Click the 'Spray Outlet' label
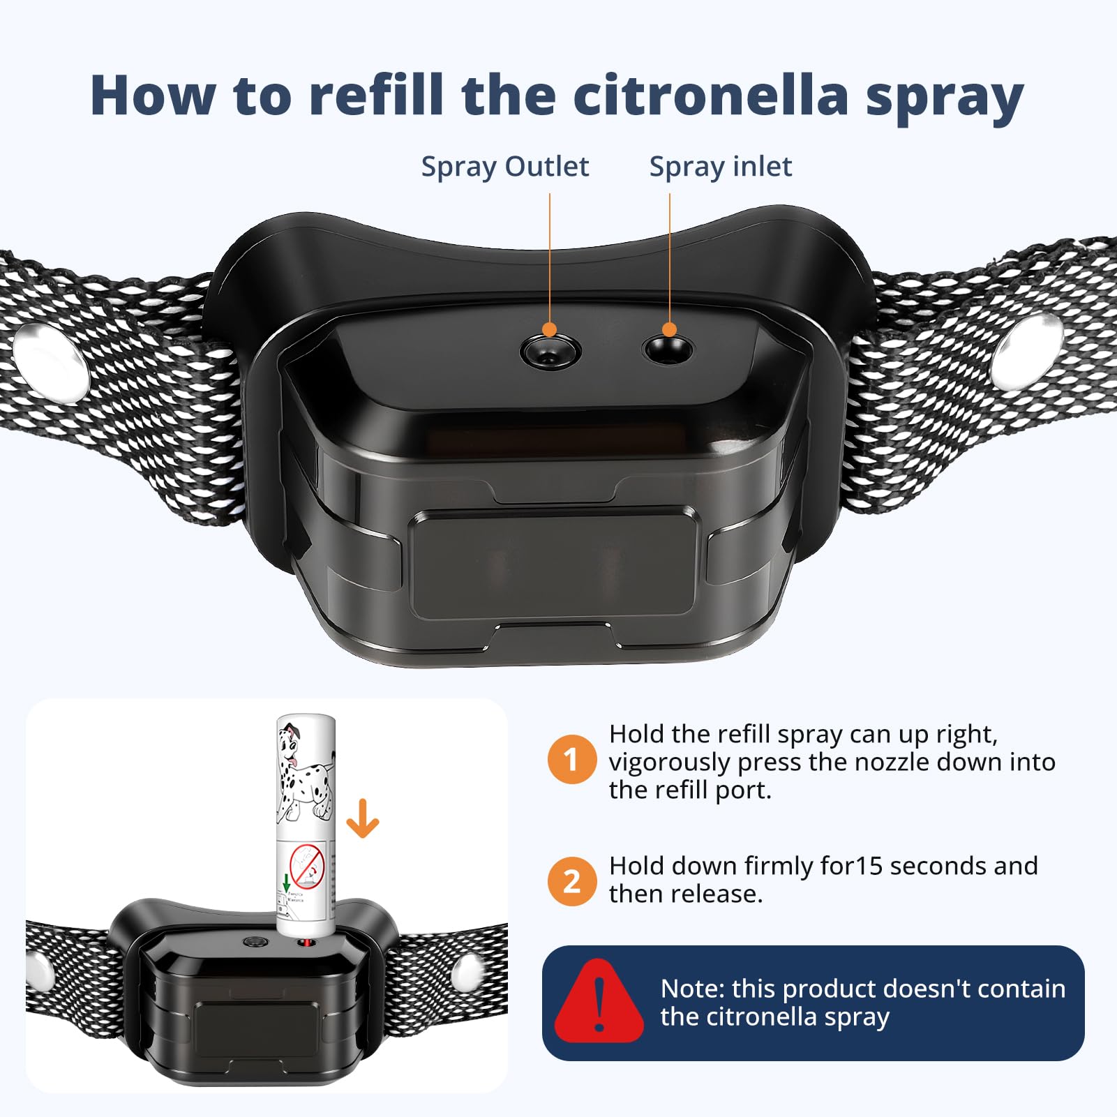coord(504,167)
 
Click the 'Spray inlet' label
coord(720,167)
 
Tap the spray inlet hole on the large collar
coord(668,350)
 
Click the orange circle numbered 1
coord(571,759)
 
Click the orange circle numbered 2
coord(571,881)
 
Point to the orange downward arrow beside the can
coord(363,818)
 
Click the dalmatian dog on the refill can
coord(305,772)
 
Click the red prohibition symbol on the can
coord(307,866)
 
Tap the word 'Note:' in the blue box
coord(693,989)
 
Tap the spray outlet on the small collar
coord(256,942)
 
